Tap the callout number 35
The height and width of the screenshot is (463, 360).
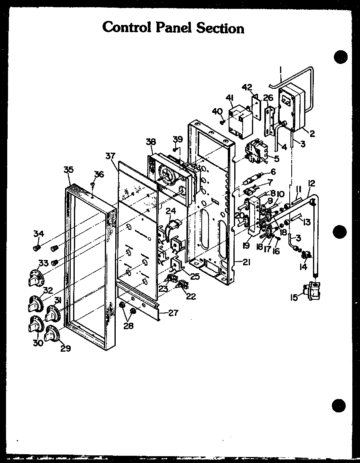68,170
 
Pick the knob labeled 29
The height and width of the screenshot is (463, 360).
51,334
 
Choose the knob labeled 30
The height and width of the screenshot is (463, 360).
35,324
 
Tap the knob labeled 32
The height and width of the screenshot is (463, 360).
35,302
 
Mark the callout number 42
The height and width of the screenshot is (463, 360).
247,88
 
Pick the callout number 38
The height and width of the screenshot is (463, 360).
151,141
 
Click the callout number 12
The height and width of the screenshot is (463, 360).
311,183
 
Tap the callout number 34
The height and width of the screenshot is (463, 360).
39,234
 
